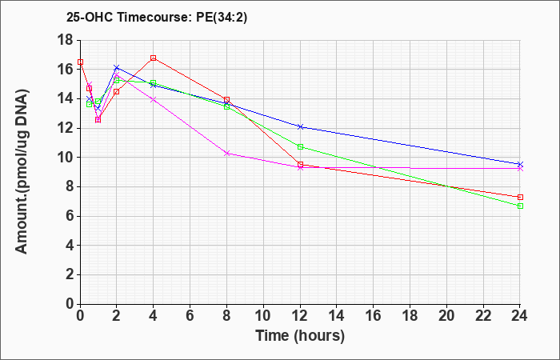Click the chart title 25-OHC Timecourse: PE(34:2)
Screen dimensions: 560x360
click(x=157, y=18)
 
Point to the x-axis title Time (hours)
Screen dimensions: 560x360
click(x=300, y=336)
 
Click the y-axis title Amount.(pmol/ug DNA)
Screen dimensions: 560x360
click(x=22, y=171)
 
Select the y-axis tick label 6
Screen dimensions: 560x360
click(x=70, y=216)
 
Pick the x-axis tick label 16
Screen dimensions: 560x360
click(x=374, y=316)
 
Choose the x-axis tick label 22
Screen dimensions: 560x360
click(x=483, y=316)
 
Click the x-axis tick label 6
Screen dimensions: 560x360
click(x=190, y=316)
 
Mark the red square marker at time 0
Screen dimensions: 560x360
click(x=80, y=62)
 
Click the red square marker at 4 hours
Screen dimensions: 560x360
click(x=154, y=58)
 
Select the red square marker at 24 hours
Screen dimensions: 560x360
click(x=520, y=197)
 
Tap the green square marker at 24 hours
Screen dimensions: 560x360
click(x=520, y=206)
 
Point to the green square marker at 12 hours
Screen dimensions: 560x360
click(x=300, y=146)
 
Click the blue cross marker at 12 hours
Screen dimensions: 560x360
click(x=300, y=126)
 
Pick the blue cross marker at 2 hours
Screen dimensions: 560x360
click(x=117, y=67)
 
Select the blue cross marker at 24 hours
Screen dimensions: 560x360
click(x=520, y=164)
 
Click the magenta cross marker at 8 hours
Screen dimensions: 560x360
click(x=226, y=154)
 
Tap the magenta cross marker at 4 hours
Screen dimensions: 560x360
click(x=154, y=100)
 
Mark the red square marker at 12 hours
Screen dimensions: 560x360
click(x=300, y=165)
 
